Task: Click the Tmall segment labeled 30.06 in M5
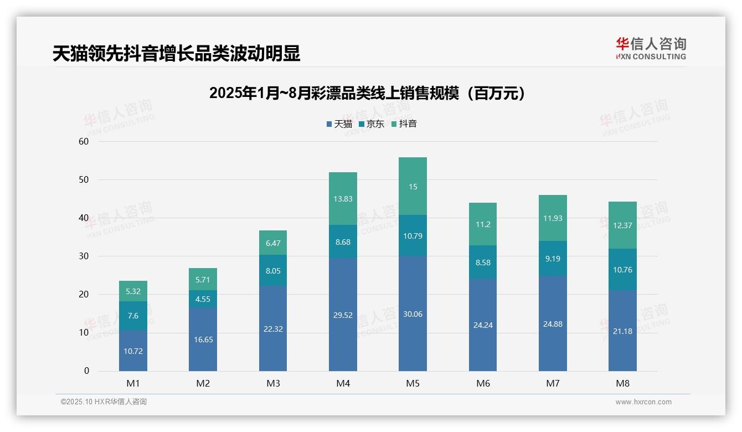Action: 413,313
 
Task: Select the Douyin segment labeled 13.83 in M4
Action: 343,199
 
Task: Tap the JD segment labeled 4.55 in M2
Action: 203,299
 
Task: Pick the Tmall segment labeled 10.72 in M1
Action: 133,351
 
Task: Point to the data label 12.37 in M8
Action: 622,225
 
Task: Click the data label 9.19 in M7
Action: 553,258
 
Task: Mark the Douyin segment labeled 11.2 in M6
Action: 483,224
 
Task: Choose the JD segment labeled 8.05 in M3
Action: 273,270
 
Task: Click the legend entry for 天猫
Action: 339,124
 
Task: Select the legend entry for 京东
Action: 372,124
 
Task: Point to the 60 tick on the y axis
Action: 84,141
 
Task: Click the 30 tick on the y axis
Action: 84,256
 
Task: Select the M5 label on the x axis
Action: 413,383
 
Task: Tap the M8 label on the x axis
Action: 622,383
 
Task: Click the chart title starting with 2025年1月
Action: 367,94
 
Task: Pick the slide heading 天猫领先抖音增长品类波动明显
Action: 176,54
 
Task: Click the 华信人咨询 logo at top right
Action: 651,48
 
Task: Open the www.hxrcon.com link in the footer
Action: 643,402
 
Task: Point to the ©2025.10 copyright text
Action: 104,402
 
